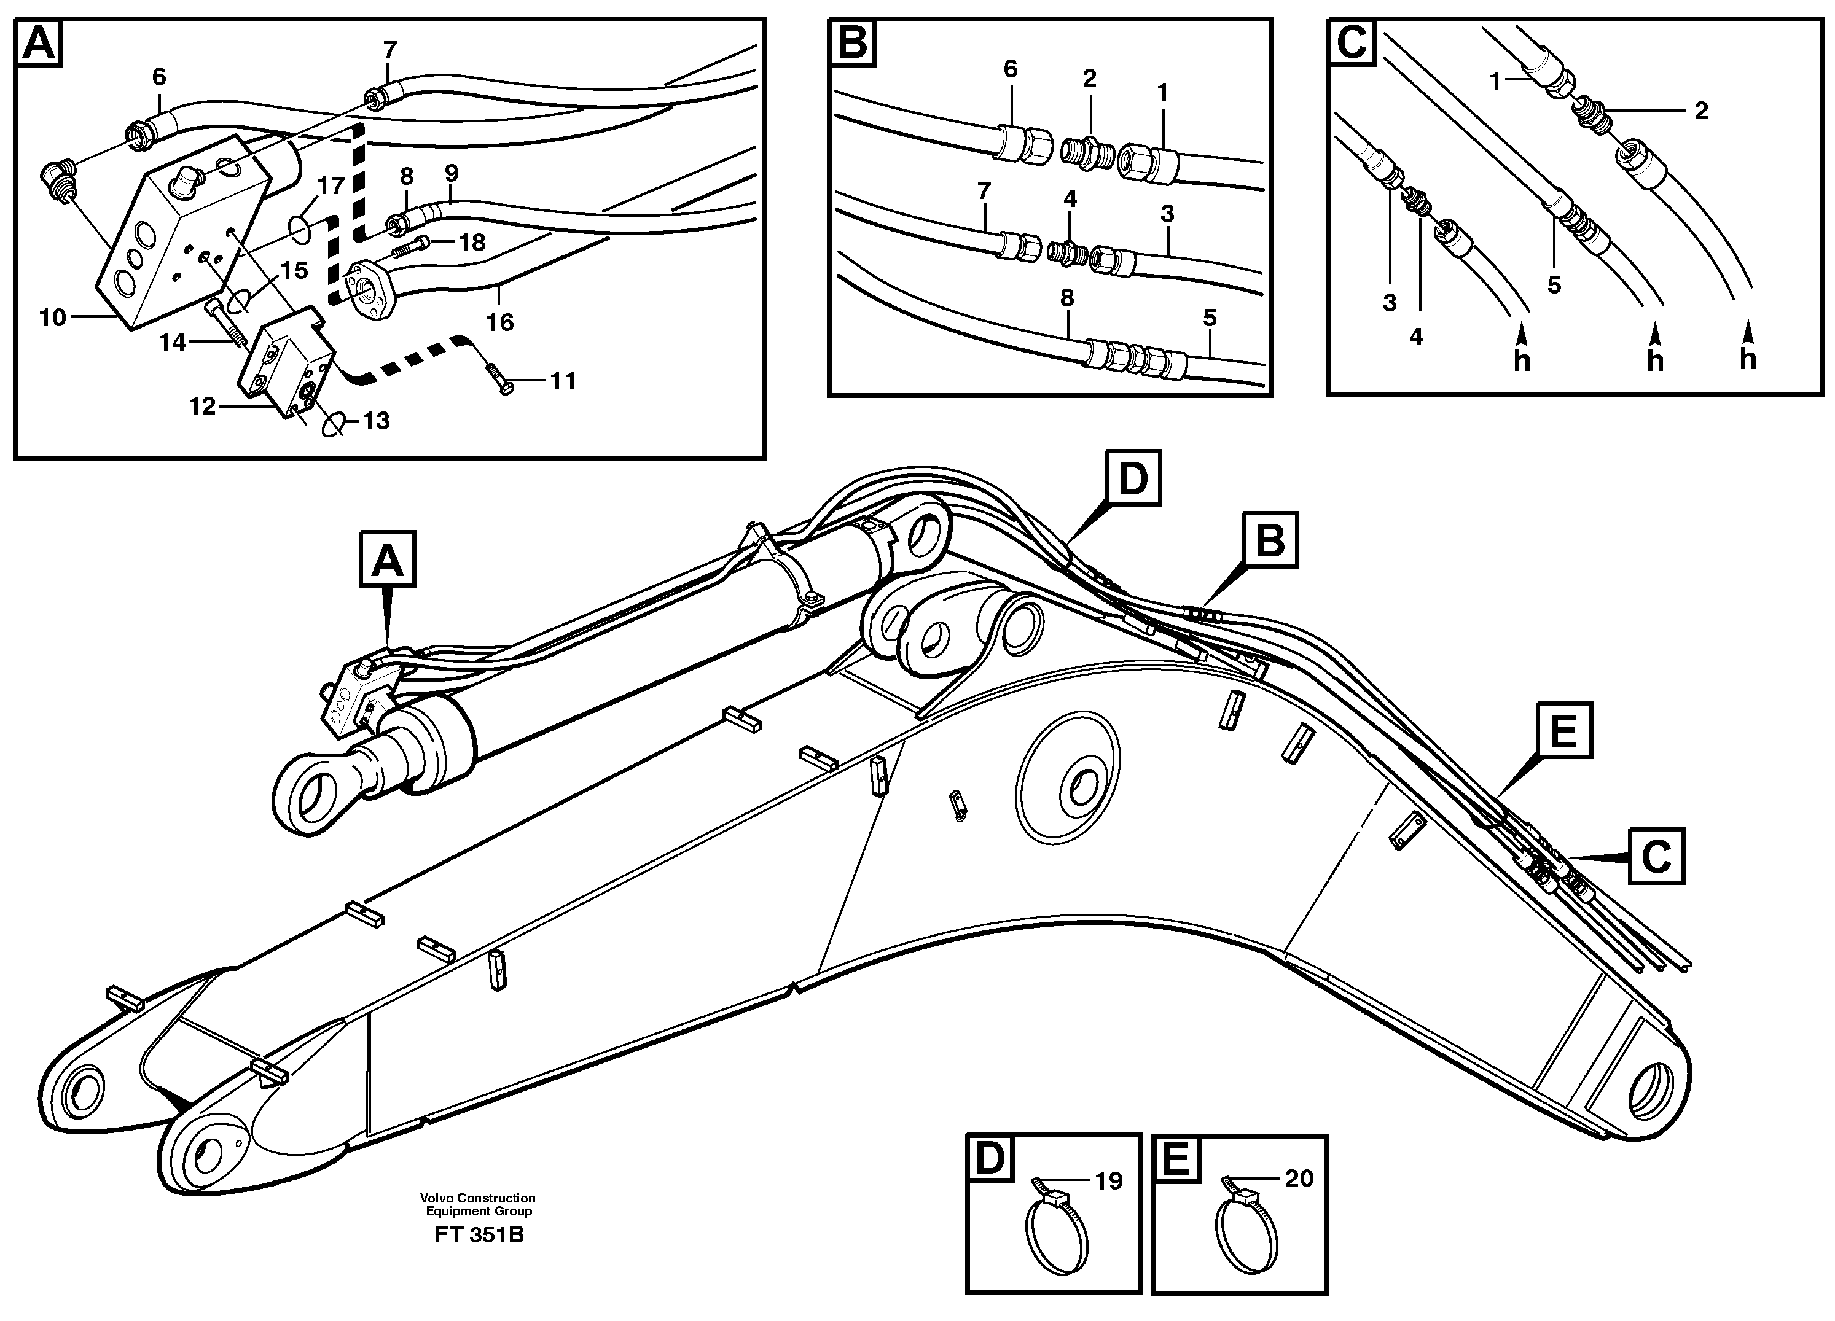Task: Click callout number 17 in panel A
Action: coord(331,186)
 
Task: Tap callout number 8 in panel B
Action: coord(1067,298)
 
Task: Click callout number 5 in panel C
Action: coord(1554,286)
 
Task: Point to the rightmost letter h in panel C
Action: coord(1748,359)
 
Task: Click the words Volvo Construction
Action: coord(477,1197)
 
